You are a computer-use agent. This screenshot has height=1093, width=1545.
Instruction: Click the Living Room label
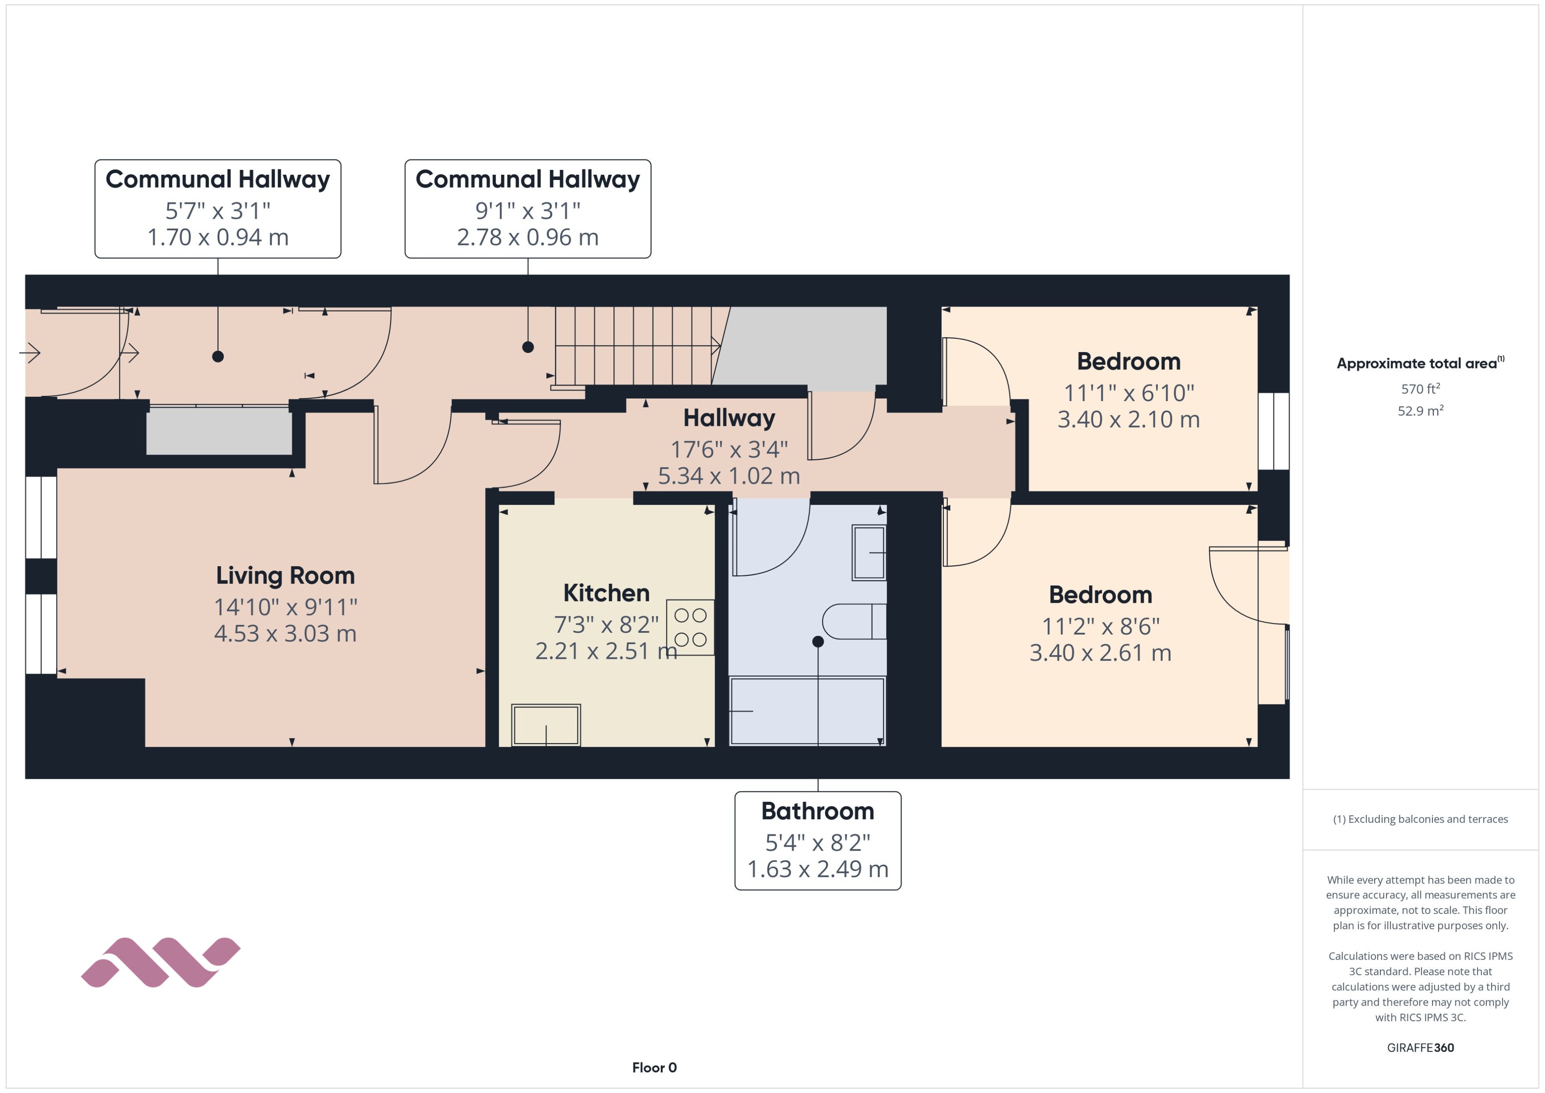pos(285,576)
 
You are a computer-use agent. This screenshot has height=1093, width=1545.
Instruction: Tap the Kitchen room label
pos(606,593)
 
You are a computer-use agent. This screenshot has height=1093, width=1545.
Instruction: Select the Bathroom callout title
pos(817,811)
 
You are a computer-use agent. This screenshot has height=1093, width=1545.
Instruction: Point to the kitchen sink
pos(545,725)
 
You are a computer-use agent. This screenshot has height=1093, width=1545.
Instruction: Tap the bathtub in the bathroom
pos(807,711)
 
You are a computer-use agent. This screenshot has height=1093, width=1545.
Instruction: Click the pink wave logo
pos(160,962)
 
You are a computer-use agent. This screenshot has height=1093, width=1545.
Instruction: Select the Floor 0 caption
pos(654,1067)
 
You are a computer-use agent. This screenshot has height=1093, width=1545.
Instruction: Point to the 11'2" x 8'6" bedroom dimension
pos(1100,627)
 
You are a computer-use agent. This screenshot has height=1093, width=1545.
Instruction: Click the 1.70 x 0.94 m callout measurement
pos(218,237)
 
